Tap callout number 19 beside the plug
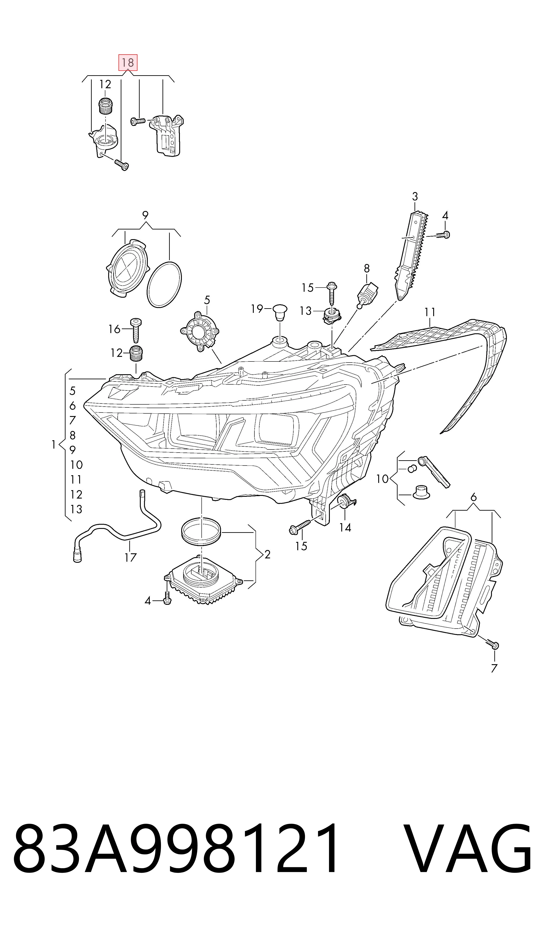tap(257, 308)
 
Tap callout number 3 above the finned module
tap(415, 196)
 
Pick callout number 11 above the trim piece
tap(430, 312)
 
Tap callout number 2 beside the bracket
tap(267, 554)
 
